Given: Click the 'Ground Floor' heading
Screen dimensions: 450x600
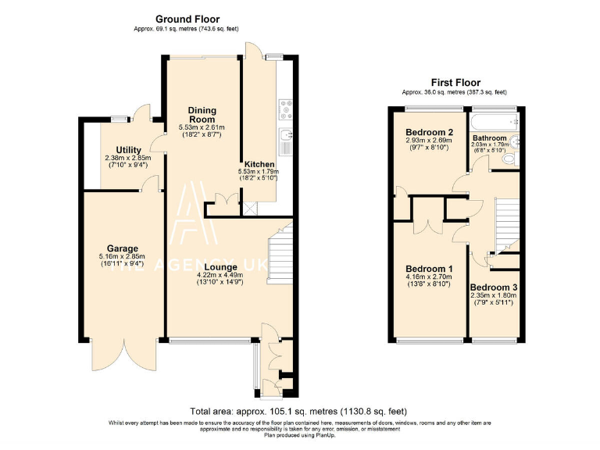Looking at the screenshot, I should click(187, 19).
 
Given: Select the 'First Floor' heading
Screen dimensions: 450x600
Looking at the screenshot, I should click(455, 82).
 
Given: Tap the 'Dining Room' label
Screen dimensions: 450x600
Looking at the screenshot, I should click(202, 115).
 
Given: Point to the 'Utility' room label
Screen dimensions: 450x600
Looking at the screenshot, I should click(129, 149).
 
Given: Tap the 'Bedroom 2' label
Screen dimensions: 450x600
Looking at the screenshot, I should click(429, 132).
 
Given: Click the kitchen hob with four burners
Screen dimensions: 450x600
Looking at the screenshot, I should click(285, 107).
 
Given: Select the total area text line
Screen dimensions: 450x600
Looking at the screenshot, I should click(298, 411).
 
